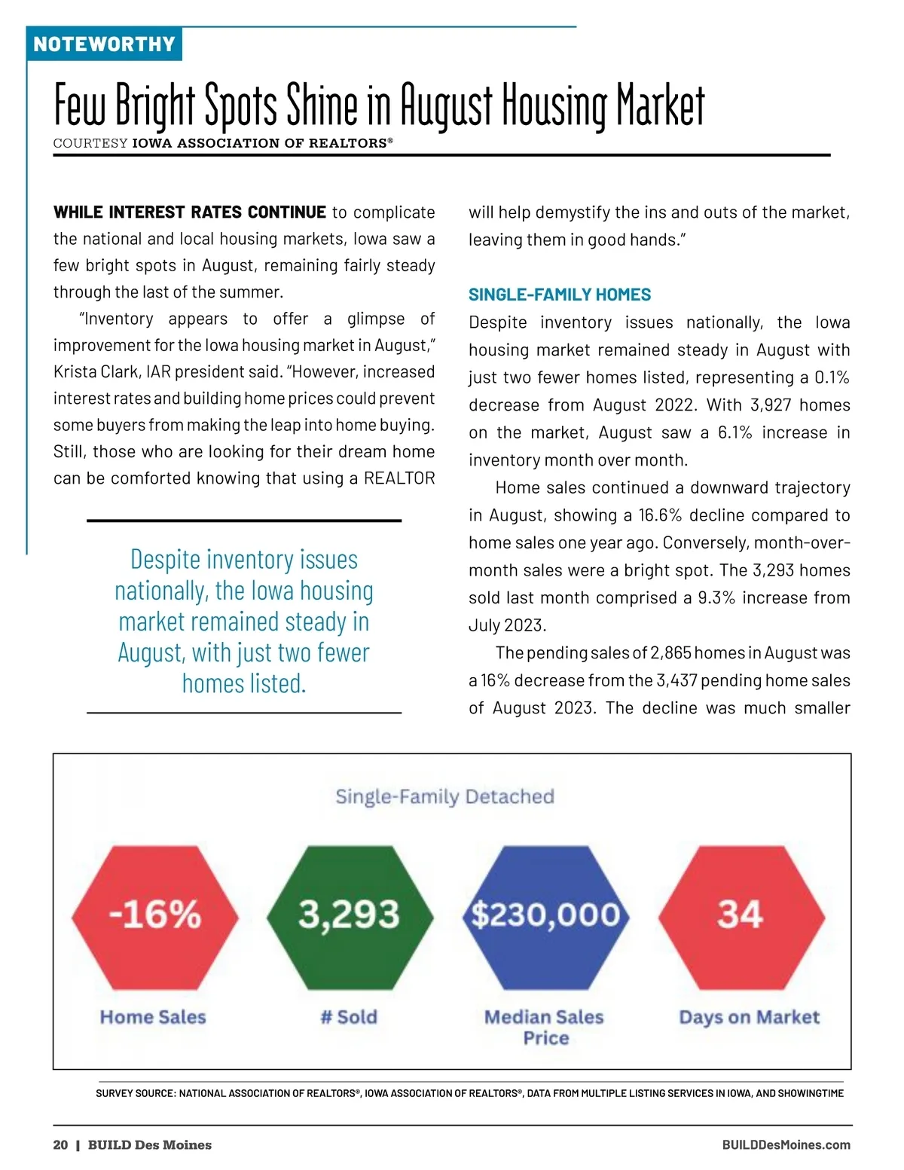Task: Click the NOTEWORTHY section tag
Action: [x=104, y=44]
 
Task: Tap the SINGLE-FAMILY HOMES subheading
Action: [x=560, y=295]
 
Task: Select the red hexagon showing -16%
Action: [x=155, y=916]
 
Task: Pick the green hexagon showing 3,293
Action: [x=350, y=916]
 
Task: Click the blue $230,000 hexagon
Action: [x=545, y=916]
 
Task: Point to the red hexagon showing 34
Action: [x=741, y=916]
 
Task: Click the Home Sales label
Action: [x=153, y=1017]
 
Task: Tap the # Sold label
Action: [x=349, y=1017]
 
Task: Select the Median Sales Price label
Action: [x=545, y=1027]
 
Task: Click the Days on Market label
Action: [x=749, y=1017]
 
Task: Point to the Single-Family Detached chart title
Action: [x=444, y=796]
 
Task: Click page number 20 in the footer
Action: [x=60, y=1145]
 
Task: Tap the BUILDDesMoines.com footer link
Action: [x=786, y=1145]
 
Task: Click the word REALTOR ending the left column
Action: [x=399, y=478]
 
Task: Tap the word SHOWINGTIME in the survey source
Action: [x=813, y=1093]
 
